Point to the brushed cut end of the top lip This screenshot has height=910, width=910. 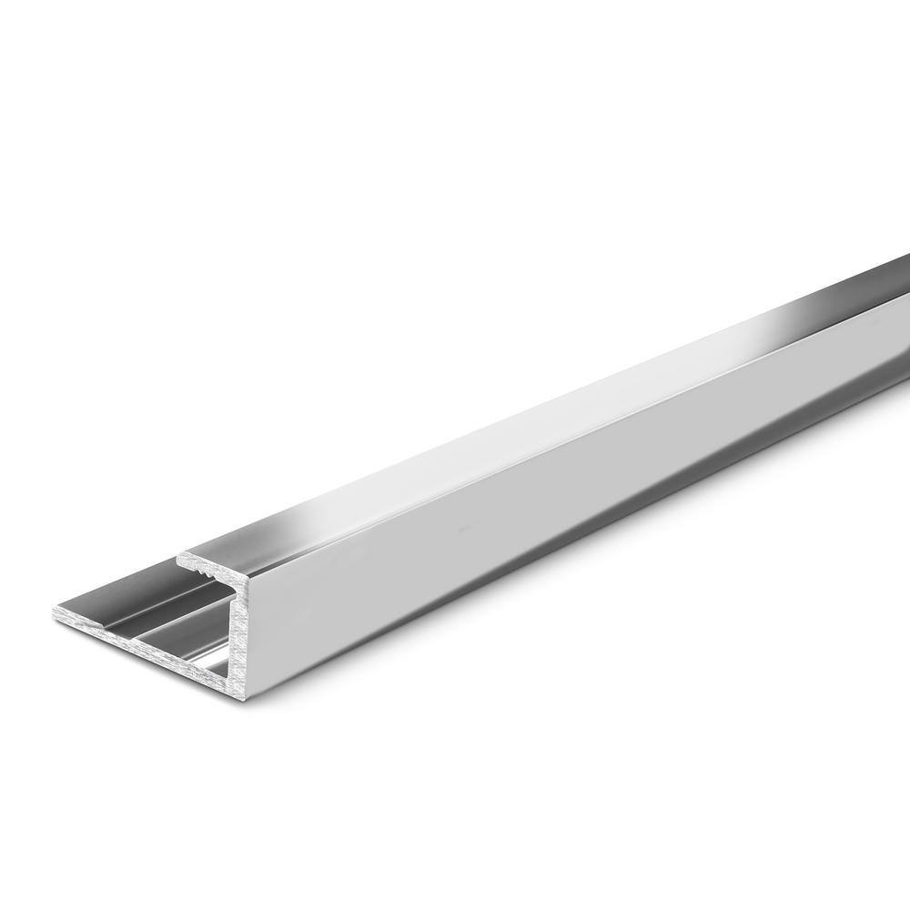pyautogui.click(x=205, y=558)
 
